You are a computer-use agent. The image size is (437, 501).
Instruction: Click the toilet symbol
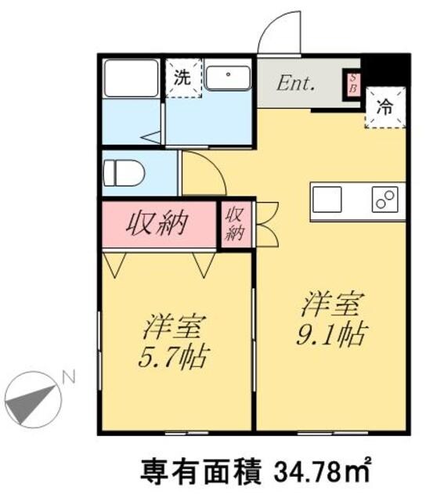(x=125, y=172)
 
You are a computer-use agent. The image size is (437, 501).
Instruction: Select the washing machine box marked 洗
(x=182, y=79)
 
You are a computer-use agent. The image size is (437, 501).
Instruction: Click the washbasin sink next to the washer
(x=227, y=77)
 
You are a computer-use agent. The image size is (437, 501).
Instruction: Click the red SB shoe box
(x=352, y=84)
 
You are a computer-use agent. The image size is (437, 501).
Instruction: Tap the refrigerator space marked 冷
(x=385, y=109)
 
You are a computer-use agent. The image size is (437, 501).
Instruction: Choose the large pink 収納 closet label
(x=160, y=225)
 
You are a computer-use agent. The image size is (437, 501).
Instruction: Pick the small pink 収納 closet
(x=234, y=225)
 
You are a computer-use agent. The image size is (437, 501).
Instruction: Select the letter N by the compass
(x=69, y=378)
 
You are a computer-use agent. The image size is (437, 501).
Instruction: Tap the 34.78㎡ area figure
(x=320, y=472)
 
